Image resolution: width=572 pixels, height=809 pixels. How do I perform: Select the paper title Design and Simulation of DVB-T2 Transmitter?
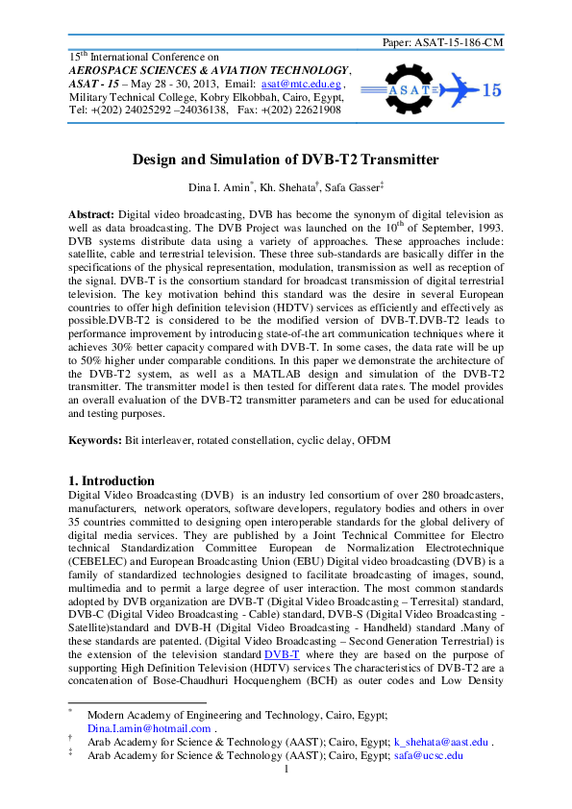[x=285, y=160]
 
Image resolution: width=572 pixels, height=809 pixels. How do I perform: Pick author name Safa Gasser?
[x=352, y=184]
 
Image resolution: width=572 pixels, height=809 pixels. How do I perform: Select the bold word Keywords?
[x=94, y=440]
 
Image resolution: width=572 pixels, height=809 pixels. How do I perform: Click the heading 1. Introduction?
[x=112, y=480]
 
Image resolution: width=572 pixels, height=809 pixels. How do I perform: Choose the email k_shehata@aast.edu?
[x=442, y=742]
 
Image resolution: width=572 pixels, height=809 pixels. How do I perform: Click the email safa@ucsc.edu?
[x=429, y=755]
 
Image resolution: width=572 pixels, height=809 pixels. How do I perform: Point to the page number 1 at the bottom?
[x=286, y=770]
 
